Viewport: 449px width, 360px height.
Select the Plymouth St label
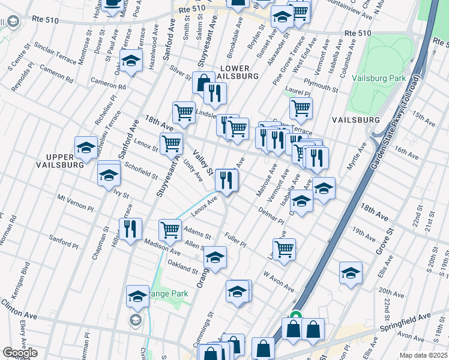321,84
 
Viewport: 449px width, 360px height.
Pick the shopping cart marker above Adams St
170,229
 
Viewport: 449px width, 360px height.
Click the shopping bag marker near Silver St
203,82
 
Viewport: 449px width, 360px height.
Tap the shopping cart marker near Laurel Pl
301,108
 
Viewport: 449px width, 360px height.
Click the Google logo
19,353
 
